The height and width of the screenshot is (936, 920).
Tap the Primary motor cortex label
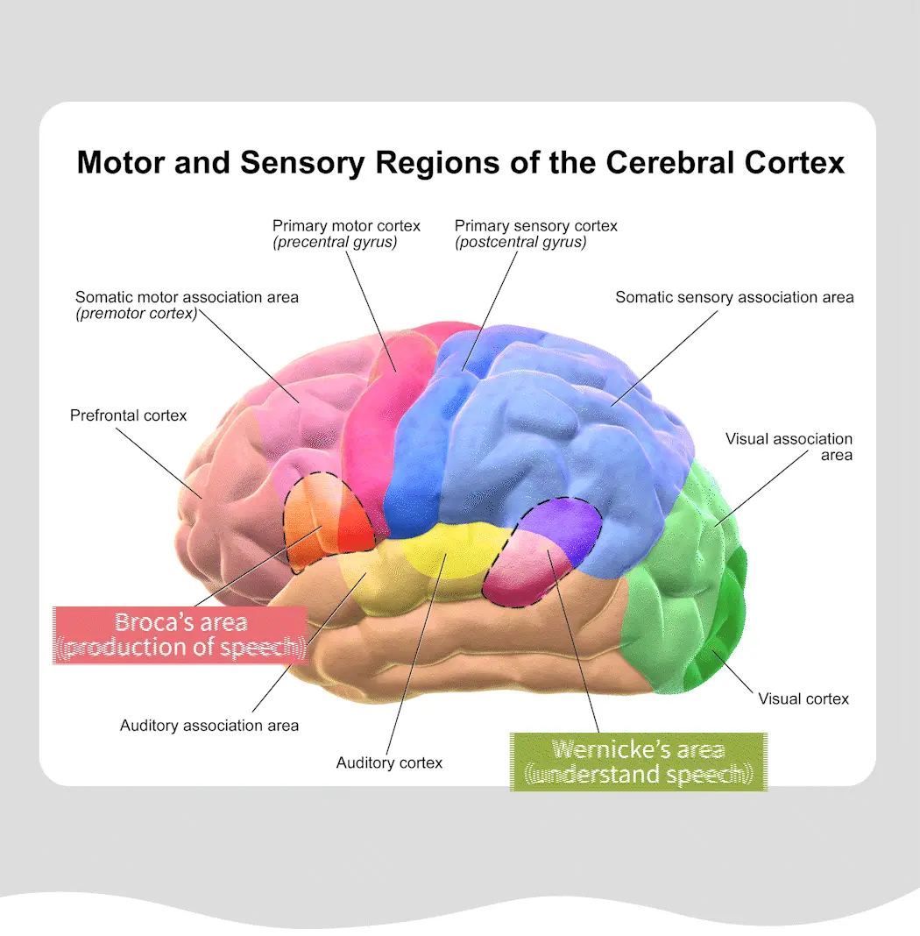click(346, 226)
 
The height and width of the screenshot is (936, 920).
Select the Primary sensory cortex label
click(535, 226)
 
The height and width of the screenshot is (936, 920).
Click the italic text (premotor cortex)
click(137, 313)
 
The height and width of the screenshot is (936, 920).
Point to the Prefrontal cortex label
click(128, 415)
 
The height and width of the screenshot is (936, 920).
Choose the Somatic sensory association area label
click(734, 297)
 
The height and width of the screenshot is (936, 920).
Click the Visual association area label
click(789, 446)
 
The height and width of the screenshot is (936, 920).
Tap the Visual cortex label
click(803, 698)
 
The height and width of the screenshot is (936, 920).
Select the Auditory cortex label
click(389, 762)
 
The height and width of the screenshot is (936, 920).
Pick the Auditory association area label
click(209, 726)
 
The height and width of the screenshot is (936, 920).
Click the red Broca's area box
click(180, 635)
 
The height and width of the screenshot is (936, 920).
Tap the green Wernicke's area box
click(638, 762)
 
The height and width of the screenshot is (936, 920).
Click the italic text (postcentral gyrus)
click(520, 243)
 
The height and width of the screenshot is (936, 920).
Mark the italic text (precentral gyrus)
click(335, 243)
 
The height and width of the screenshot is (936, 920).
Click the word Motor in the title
click(117, 162)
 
